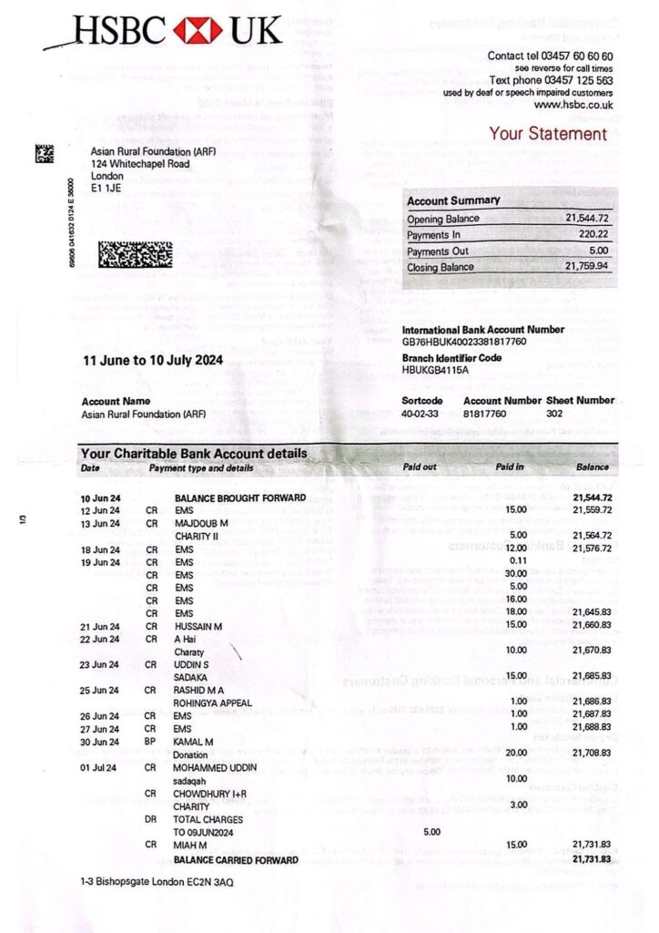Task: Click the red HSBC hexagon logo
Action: (x=198, y=31)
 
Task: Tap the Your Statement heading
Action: (x=547, y=134)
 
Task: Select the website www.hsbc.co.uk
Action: (x=573, y=105)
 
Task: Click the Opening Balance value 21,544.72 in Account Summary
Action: (x=588, y=219)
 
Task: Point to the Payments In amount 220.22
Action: (x=593, y=235)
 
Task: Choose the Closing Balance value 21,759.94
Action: (x=588, y=267)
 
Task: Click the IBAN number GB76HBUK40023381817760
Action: (x=464, y=342)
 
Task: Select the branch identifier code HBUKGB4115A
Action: (x=435, y=370)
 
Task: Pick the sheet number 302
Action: (x=554, y=414)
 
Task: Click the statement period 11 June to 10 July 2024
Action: (x=152, y=360)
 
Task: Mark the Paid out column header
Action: (x=420, y=468)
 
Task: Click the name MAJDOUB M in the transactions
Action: (x=201, y=523)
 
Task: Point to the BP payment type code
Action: (x=151, y=742)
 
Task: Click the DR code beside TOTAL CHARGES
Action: (x=151, y=819)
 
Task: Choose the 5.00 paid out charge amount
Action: (x=432, y=832)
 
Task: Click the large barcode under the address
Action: (x=135, y=253)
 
